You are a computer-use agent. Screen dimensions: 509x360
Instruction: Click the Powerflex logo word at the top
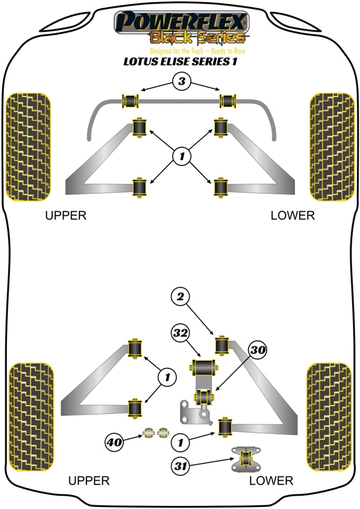click(180, 22)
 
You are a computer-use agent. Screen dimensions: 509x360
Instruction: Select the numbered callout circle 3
click(181, 82)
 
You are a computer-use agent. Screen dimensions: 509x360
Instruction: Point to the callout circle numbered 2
click(180, 296)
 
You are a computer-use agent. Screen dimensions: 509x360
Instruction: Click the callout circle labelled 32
click(180, 333)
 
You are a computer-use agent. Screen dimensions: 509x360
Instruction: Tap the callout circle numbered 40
click(115, 440)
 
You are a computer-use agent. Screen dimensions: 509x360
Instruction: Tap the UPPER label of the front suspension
click(66, 216)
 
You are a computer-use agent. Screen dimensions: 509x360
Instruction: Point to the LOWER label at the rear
click(272, 481)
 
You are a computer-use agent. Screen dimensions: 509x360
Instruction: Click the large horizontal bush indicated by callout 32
click(204, 367)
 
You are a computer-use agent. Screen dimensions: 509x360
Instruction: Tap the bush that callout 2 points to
click(223, 344)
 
